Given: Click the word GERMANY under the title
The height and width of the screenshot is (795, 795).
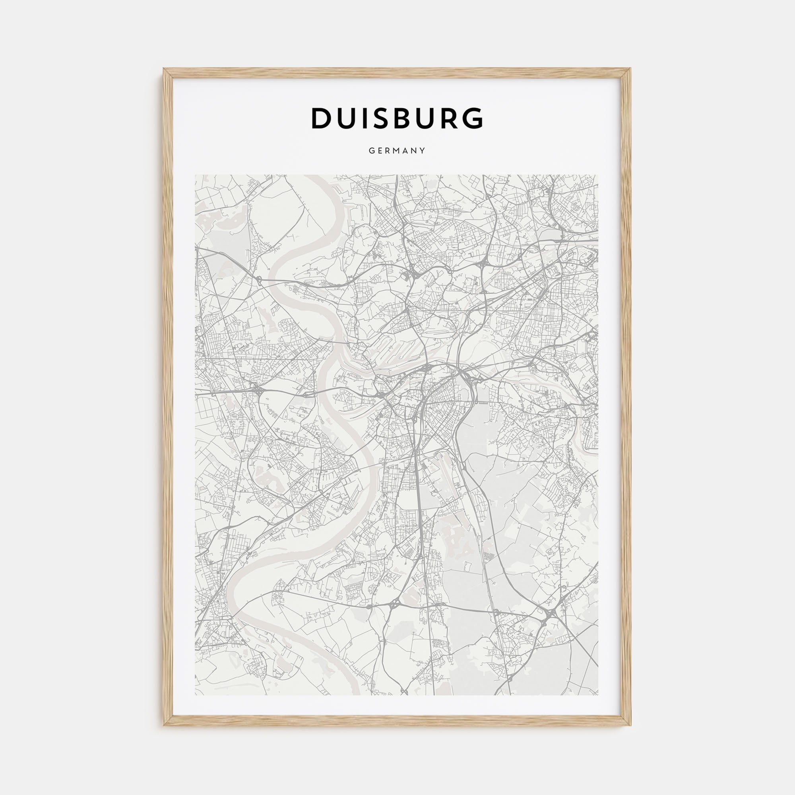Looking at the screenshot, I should click(397, 151).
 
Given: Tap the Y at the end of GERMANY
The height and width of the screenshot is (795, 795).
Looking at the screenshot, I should click(423, 151).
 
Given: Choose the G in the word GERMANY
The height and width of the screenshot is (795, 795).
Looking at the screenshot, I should click(371, 151).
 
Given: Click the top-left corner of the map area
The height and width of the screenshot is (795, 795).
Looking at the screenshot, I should click(195, 175).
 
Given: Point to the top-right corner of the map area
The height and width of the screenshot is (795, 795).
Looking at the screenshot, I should click(599, 175).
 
